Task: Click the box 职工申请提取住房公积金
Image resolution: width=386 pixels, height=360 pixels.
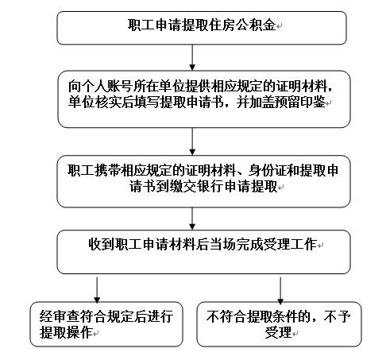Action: pyautogui.click(x=203, y=27)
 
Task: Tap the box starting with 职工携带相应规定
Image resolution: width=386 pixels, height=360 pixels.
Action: pyautogui.click(x=203, y=178)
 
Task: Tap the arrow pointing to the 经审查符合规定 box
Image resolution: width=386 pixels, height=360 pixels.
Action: pyautogui.click(x=96, y=288)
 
